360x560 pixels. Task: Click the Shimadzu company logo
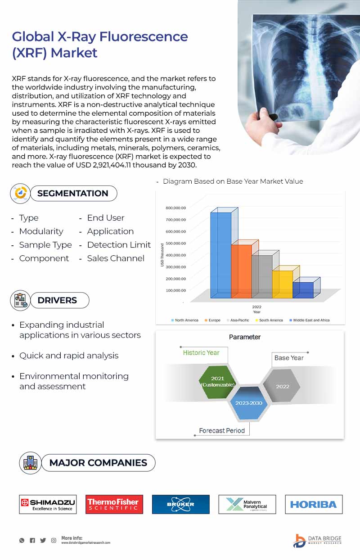(48, 504)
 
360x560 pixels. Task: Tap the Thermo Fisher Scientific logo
(114, 504)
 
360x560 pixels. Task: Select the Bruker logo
(180, 504)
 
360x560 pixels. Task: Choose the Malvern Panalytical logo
(247, 504)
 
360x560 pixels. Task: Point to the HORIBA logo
(314, 504)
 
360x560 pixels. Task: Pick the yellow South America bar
(282, 284)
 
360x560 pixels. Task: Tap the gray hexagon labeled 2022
(282, 386)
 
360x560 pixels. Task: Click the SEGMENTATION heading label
(72, 194)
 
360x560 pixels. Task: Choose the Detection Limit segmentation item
(119, 245)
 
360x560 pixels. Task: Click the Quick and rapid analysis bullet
(69, 356)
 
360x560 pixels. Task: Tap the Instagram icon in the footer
(54, 540)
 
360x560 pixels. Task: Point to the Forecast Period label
(222, 431)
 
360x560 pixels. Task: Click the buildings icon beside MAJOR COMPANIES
(31, 463)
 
